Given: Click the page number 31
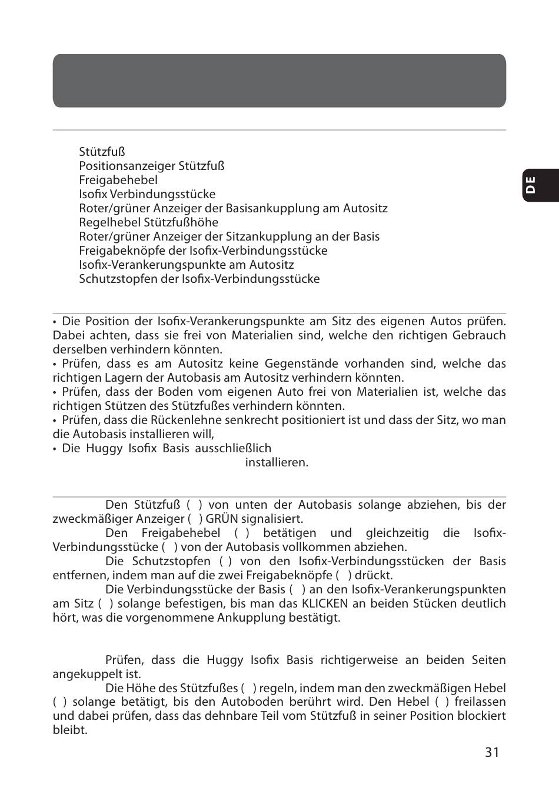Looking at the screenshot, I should click(x=492, y=752).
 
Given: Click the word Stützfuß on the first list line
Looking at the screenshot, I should click(x=102, y=152).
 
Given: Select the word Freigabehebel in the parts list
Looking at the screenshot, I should click(x=118, y=180).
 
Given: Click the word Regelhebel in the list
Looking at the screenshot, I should click(x=110, y=222).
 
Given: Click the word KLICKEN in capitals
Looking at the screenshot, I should click(x=325, y=603).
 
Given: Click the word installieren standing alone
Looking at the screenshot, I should click(x=277, y=462).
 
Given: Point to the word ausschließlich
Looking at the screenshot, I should click(x=235, y=448).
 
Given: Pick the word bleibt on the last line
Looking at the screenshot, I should click(x=70, y=730).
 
